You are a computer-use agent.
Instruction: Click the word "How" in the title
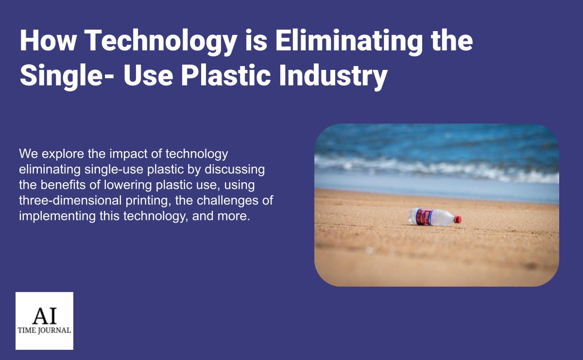[x=47, y=41]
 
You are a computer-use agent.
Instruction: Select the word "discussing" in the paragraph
[x=238, y=170]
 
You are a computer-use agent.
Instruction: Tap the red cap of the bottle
[x=458, y=220]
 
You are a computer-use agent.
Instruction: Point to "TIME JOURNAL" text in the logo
[x=44, y=330]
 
